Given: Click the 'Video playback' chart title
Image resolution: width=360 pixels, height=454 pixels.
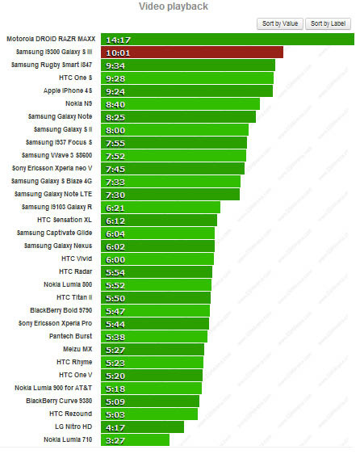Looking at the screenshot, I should click(x=180, y=6).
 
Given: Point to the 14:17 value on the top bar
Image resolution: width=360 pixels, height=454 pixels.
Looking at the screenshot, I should click(x=118, y=39).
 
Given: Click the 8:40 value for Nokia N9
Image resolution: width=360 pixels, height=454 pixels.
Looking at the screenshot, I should click(x=115, y=103).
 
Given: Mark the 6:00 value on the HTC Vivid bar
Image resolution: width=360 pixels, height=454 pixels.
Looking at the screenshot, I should click(x=115, y=259).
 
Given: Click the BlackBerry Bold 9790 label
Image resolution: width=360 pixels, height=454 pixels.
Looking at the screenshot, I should click(x=61, y=310).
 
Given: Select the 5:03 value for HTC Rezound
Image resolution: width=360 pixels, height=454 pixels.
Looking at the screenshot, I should click(x=115, y=414).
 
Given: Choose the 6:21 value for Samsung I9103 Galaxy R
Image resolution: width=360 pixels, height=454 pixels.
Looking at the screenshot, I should click(x=115, y=207).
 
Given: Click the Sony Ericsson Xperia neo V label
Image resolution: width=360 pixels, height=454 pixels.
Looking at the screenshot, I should click(x=52, y=168).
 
